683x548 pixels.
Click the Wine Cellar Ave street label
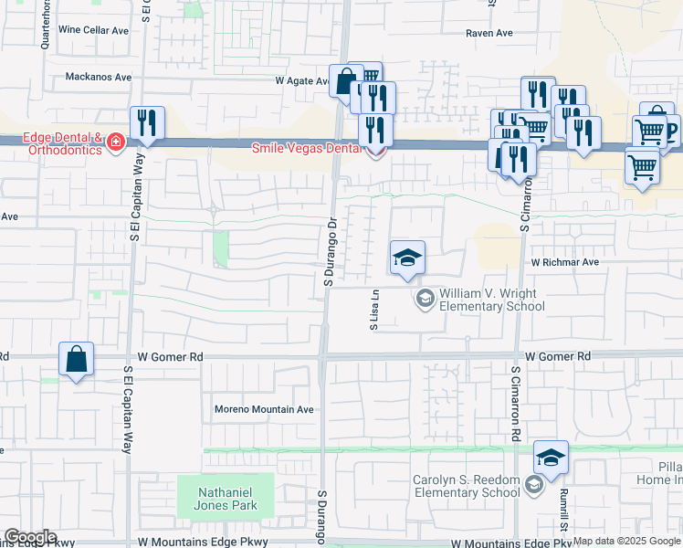pyautogui.click(x=93, y=30)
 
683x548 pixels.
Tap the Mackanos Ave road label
pyautogui.click(x=100, y=77)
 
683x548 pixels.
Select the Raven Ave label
pyautogui.click(x=489, y=33)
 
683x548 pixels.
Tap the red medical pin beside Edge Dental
pyautogui.click(x=115, y=142)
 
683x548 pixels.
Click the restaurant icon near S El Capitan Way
pyautogui.click(x=147, y=124)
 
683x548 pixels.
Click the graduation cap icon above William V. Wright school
pyautogui.click(x=407, y=258)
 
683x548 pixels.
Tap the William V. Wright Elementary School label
pyautogui.click(x=492, y=300)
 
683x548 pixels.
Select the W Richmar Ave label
pyautogui.click(x=565, y=261)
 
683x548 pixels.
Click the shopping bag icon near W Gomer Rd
pyautogui.click(x=77, y=360)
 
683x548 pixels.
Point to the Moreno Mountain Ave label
pyautogui.click(x=263, y=409)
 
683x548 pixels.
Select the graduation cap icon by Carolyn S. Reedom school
pyautogui.click(x=551, y=458)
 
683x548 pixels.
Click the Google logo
pyautogui.click(x=29, y=537)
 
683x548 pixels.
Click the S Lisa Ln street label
pyautogui.click(x=373, y=311)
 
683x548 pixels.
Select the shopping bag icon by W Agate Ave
pyautogui.click(x=346, y=80)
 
